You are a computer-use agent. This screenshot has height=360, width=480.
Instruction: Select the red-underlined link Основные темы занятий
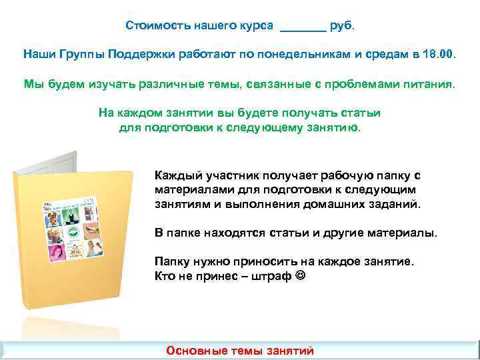pyautogui.click(x=239, y=351)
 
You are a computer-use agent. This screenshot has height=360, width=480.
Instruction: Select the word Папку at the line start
pyautogui.click(x=173, y=263)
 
